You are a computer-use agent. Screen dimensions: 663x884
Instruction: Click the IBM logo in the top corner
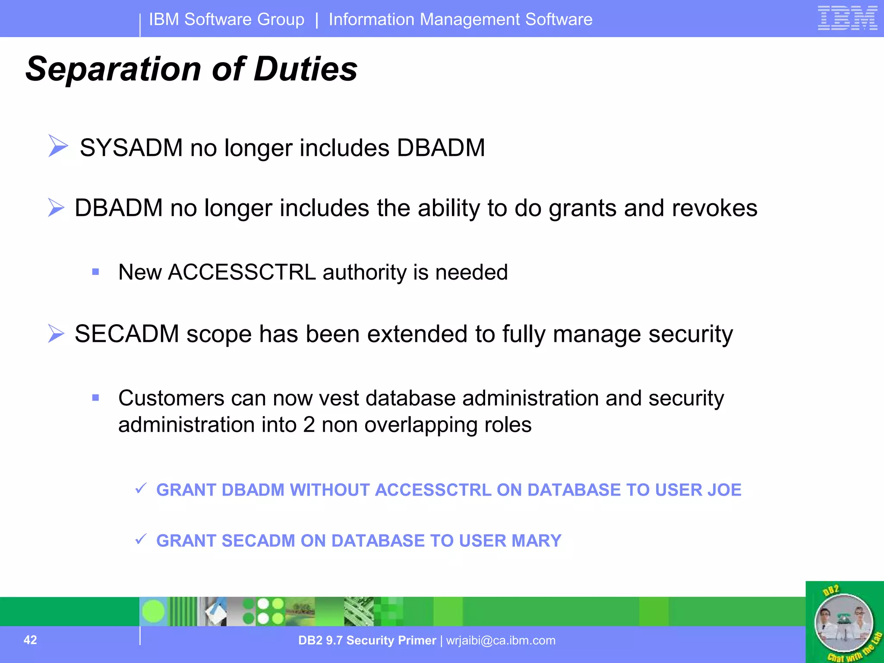click(847, 18)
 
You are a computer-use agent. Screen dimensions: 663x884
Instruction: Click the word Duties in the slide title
click(306, 69)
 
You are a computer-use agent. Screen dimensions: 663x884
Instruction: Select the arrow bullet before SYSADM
click(58, 145)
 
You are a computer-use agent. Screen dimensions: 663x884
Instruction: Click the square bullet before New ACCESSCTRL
click(96, 272)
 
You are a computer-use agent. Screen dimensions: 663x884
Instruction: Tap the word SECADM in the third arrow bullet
click(126, 334)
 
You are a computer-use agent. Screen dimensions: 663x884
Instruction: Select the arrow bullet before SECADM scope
click(56, 334)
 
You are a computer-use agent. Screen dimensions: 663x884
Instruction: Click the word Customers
click(171, 398)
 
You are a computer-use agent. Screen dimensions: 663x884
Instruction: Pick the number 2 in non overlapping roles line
click(309, 425)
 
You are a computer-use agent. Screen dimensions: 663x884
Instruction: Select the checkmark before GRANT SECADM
click(141, 539)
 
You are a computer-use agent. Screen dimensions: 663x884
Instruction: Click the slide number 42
click(30, 640)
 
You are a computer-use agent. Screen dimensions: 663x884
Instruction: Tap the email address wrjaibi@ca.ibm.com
click(501, 641)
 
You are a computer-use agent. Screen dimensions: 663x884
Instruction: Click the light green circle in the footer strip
click(153, 611)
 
